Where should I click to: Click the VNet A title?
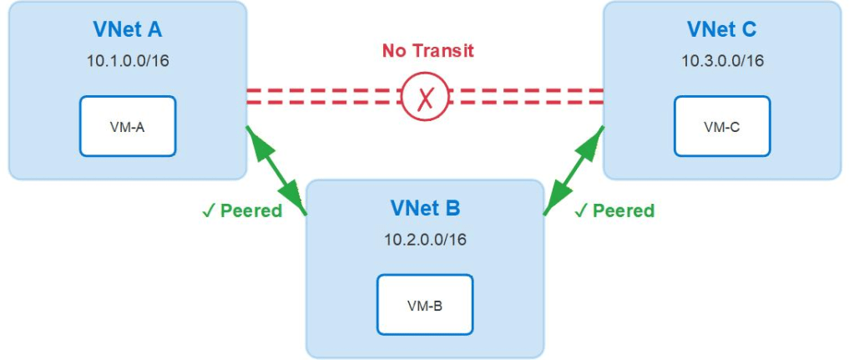click(x=128, y=30)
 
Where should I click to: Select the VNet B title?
click(x=426, y=208)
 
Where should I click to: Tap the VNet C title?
click(x=722, y=30)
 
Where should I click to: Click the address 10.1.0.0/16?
click(x=128, y=60)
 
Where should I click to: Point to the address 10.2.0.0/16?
click(x=426, y=239)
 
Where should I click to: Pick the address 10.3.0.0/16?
click(x=722, y=60)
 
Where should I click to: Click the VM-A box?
click(x=128, y=126)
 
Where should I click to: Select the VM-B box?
click(x=426, y=304)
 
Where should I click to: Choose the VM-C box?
click(x=722, y=126)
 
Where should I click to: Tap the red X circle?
click(x=426, y=96)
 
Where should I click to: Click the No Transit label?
click(x=428, y=51)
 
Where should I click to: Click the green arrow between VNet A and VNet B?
click(x=276, y=170)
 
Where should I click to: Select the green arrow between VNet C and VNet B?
click(x=574, y=170)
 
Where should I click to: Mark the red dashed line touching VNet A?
click(x=324, y=96)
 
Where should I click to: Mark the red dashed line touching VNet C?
click(x=527, y=96)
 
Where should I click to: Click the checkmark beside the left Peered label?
click(x=208, y=211)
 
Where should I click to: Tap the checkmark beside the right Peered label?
click(x=580, y=211)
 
